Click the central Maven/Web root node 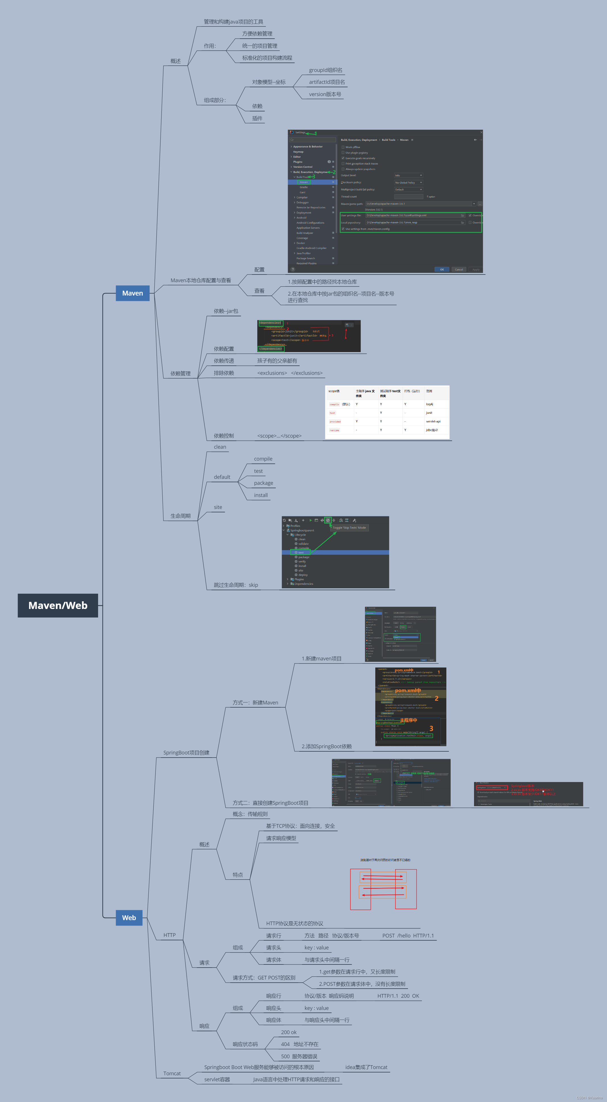click(x=58, y=605)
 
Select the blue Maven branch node click(x=132, y=293)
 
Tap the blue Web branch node click(x=129, y=918)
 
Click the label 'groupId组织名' click(x=325, y=70)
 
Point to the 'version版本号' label click(x=325, y=94)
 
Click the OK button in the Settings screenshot click(x=442, y=269)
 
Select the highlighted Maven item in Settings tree click(x=304, y=182)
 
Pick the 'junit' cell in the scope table click(x=429, y=413)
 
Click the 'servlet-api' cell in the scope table click(x=433, y=421)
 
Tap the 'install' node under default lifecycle click(x=261, y=495)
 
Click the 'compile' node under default click(x=263, y=459)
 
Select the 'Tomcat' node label click(x=172, y=1073)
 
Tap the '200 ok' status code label click(x=289, y=1032)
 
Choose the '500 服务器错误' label click(x=299, y=1056)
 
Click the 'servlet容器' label click(x=217, y=1079)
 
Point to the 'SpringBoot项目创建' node click(x=186, y=752)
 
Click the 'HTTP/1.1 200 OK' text click(x=398, y=996)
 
